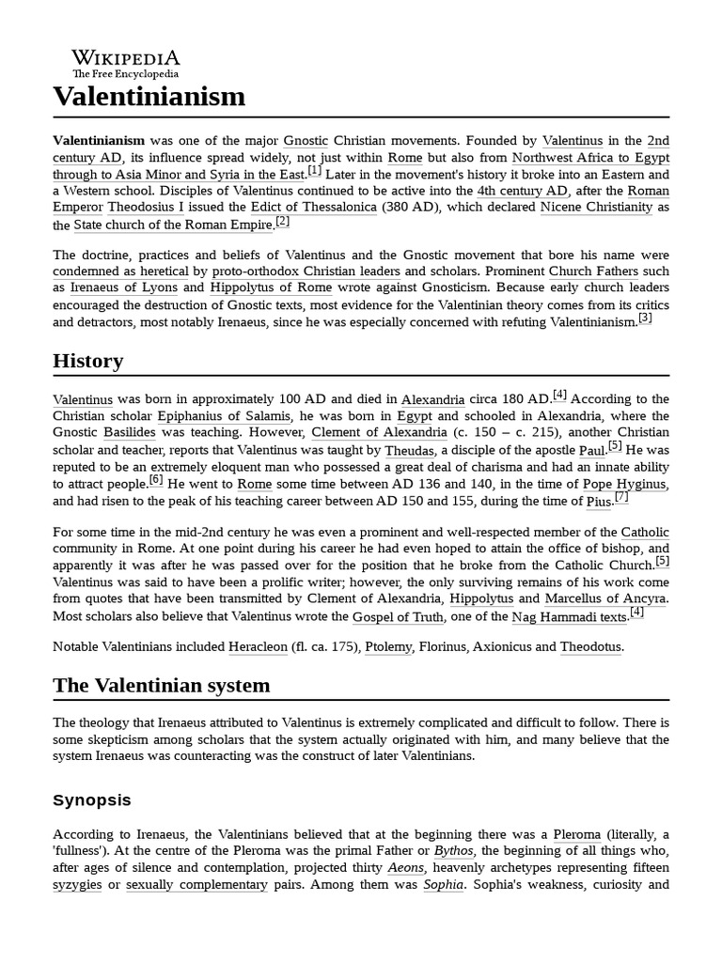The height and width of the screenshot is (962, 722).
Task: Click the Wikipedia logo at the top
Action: (x=125, y=62)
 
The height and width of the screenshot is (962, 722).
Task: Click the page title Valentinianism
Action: (x=149, y=96)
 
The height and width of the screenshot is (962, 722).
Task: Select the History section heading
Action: (x=87, y=361)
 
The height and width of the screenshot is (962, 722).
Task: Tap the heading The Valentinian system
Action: (x=161, y=685)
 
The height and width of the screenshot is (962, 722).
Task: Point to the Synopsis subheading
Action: (x=92, y=800)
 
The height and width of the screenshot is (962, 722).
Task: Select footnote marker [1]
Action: (x=314, y=170)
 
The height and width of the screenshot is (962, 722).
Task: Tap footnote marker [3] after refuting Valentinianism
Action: (x=645, y=318)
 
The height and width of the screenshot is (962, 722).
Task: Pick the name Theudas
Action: (x=409, y=450)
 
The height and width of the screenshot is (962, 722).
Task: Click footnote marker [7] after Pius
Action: (x=621, y=497)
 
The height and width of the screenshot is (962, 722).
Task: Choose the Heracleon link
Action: (x=258, y=646)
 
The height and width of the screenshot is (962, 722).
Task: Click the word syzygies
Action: (x=77, y=885)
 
